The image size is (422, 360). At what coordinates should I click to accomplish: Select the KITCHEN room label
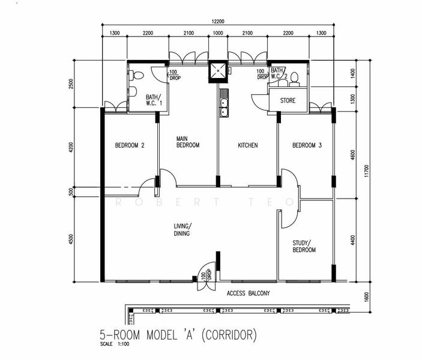[248, 145]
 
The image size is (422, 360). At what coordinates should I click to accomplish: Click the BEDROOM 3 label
[307, 145]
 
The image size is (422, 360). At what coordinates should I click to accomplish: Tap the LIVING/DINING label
[182, 230]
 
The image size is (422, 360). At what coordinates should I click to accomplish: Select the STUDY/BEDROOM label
[304, 246]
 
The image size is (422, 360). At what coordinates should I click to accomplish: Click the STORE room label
[288, 101]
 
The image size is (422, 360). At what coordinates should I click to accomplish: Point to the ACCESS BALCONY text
[248, 293]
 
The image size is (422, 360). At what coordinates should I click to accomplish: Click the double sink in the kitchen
[223, 107]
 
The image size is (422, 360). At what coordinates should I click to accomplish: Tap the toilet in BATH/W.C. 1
[137, 76]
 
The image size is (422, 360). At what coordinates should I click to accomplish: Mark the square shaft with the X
[218, 71]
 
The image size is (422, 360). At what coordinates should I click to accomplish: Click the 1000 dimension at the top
[218, 33]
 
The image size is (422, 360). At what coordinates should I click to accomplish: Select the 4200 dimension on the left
[71, 148]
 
